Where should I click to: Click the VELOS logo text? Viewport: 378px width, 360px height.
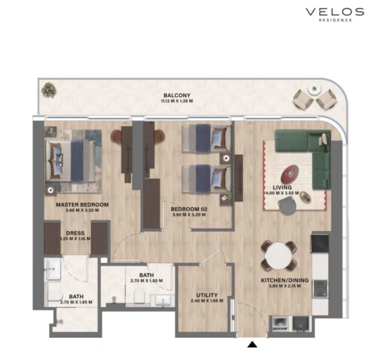pos(335,12)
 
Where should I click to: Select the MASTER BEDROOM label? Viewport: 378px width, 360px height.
pos(82,205)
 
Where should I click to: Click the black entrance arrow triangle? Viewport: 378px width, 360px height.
pos(252,344)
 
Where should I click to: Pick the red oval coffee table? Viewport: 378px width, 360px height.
pos(292,173)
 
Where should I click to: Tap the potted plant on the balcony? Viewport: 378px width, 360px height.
pos(47,91)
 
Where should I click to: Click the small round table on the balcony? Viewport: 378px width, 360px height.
pos(314,89)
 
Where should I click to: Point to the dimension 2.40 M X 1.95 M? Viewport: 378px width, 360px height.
pos(206,302)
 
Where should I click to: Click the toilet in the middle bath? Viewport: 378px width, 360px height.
pos(138,295)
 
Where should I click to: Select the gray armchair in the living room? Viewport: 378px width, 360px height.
pos(287,205)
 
